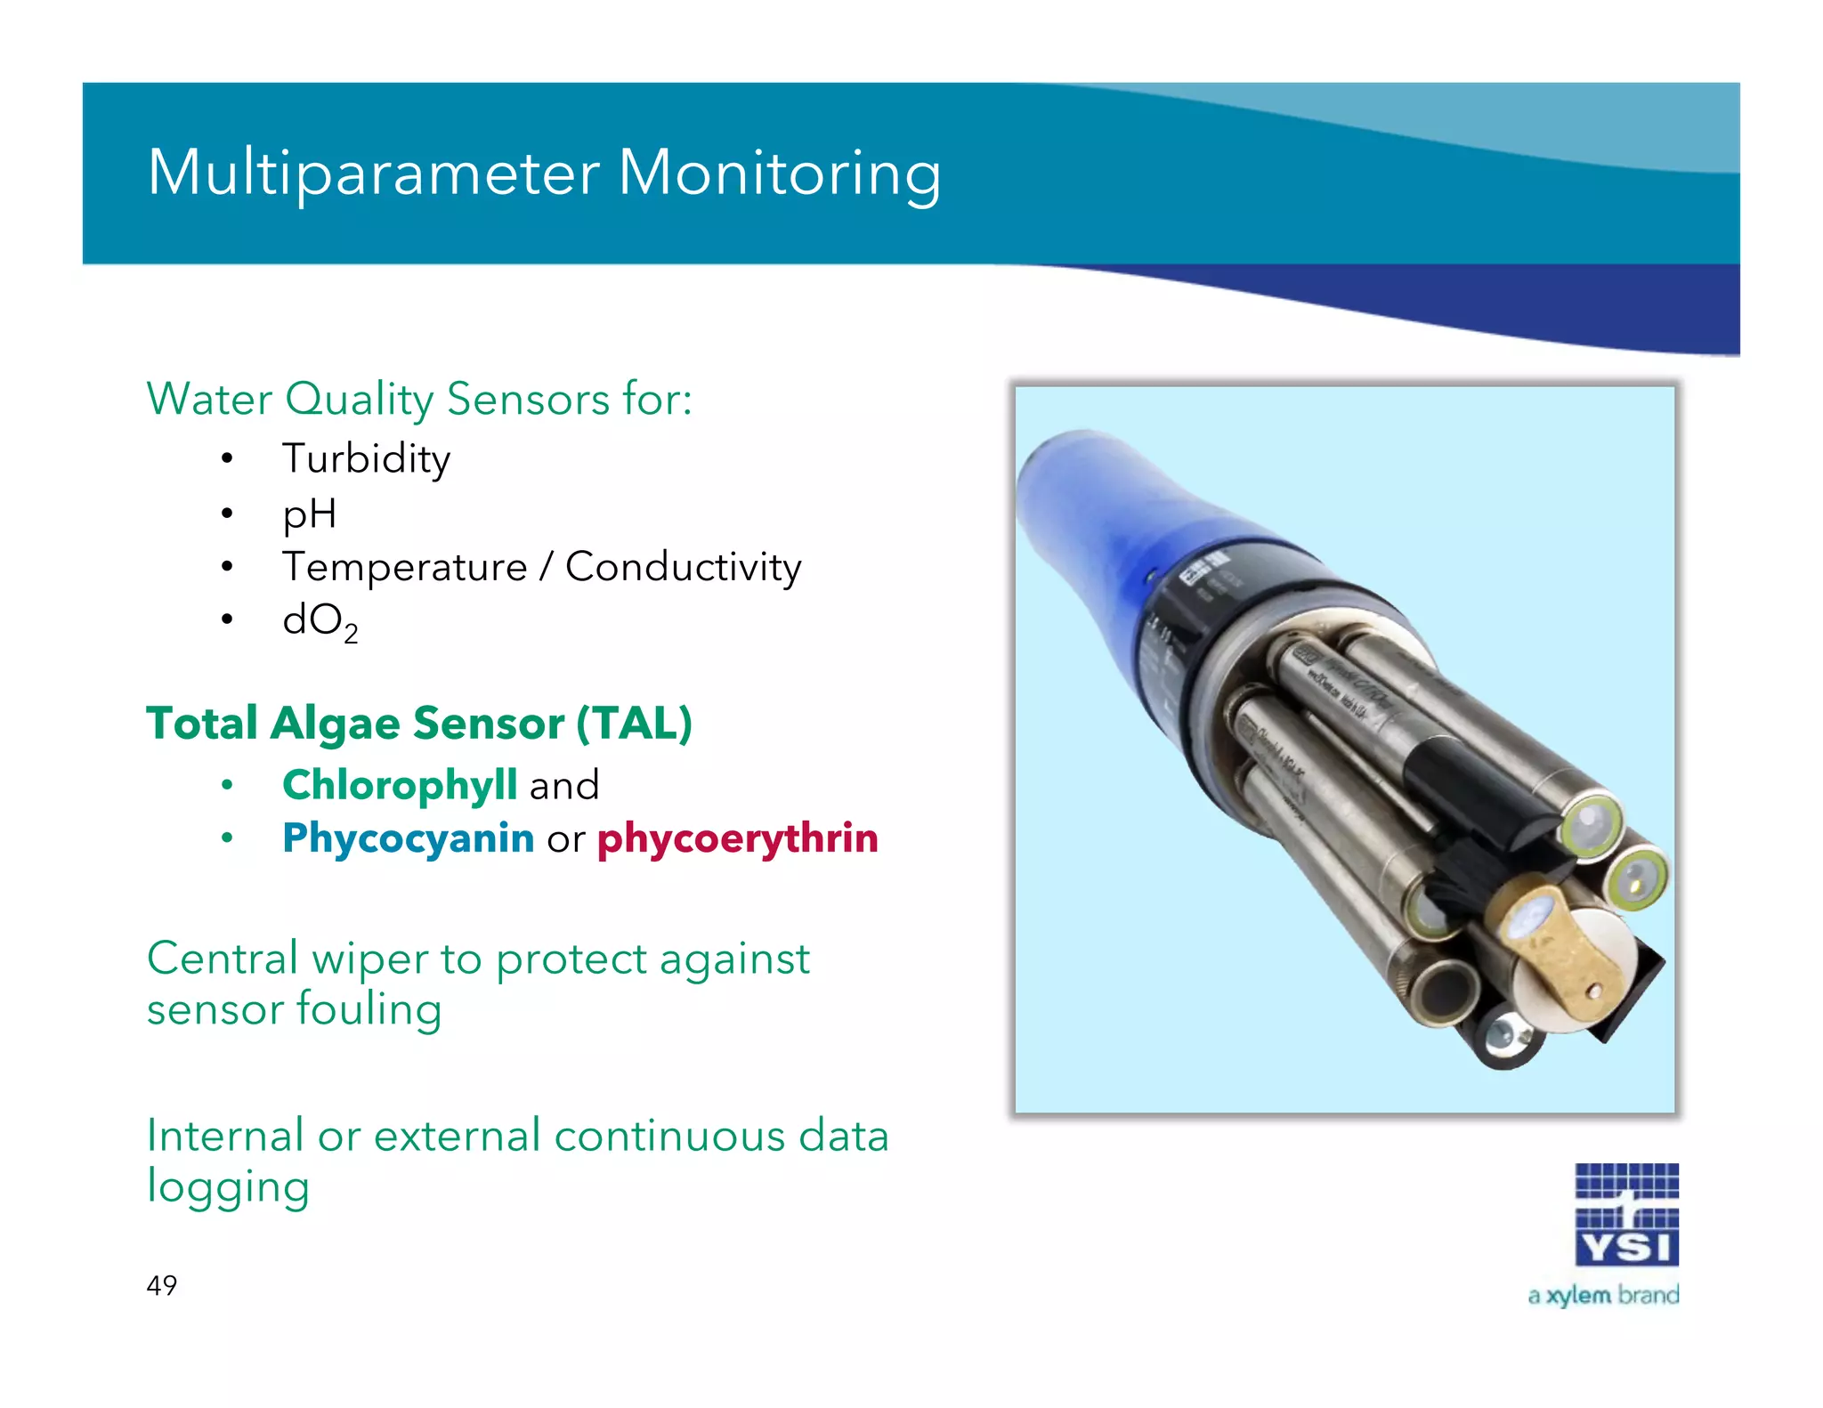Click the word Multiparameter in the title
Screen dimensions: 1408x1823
coord(374,174)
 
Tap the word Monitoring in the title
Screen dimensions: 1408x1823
coord(779,174)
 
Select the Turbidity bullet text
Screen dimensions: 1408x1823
coord(366,459)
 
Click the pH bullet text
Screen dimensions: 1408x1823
coord(309,514)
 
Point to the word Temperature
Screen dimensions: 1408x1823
coord(405,568)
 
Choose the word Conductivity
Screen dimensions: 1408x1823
coord(683,568)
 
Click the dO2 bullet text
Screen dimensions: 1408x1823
coord(319,621)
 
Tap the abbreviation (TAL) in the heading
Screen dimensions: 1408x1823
coord(634,723)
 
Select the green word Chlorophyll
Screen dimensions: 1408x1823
coord(400,785)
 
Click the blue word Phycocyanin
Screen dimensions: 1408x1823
coord(408,838)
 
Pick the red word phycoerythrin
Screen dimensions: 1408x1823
coord(737,838)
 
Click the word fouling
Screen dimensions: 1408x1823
coord(369,1010)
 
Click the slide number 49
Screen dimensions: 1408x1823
coord(162,1285)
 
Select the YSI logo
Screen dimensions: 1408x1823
coord(1626,1215)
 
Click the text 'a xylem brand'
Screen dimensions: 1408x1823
coord(1603,1295)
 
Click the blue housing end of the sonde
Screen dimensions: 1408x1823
coord(1095,507)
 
